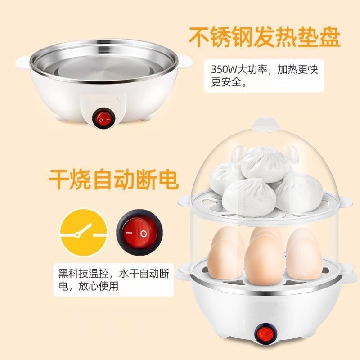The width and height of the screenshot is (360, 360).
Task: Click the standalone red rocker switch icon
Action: [x=136, y=234]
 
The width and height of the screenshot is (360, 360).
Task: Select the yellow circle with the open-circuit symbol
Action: [x=85, y=233]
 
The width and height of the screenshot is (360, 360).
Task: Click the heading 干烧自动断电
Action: [x=113, y=180]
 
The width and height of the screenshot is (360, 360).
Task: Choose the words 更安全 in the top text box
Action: [x=226, y=83]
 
